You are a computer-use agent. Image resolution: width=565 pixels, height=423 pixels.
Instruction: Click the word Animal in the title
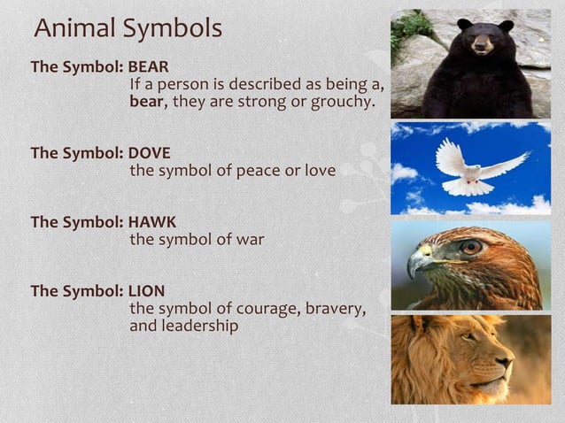pyautogui.click(x=74, y=28)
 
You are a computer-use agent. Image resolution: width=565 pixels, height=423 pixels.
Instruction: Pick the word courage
pyautogui.click(x=267, y=308)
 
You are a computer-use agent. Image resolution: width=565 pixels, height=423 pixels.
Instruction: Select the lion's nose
pyautogui.click(x=506, y=362)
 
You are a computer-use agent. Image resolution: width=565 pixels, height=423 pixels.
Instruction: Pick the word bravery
pyautogui.click(x=333, y=308)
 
